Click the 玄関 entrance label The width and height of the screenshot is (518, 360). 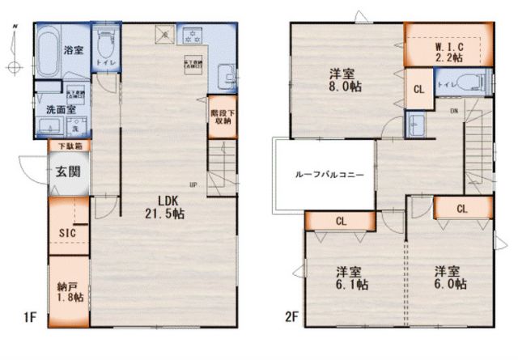tap(68, 172)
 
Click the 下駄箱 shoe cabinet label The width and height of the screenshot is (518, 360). tap(68, 146)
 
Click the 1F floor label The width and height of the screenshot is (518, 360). tap(30, 317)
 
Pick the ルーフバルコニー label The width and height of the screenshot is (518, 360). tap(324, 175)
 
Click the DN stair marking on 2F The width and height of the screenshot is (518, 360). tap(453, 111)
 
